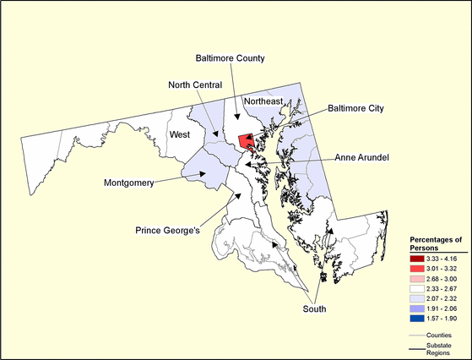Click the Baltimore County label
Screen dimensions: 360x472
(x=231, y=58)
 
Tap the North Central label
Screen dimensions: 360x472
(x=194, y=85)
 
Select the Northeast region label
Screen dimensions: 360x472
(x=263, y=101)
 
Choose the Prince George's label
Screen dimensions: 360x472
(x=172, y=229)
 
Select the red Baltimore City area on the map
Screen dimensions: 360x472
(x=246, y=140)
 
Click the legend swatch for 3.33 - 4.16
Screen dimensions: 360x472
(x=417, y=254)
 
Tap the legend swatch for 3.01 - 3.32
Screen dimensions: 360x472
(x=417, y=264)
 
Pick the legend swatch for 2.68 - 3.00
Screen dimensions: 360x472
(x=417, y=273)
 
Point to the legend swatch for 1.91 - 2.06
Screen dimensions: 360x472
(x=417, y=303)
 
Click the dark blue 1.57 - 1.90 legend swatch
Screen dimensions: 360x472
(x=417, y=312)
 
